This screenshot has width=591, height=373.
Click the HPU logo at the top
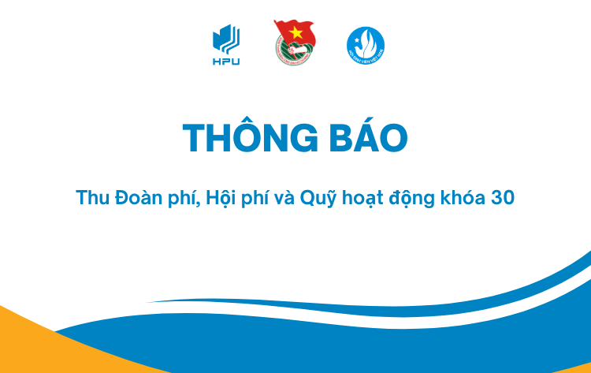coord(226,45)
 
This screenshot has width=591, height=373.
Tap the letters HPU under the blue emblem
coord(226,62)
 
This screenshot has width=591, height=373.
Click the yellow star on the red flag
coord(296,33)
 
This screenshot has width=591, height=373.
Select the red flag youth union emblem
coord(294,43)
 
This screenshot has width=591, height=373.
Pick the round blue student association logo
coord(366,45)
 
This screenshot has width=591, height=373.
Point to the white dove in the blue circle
coord(366,43)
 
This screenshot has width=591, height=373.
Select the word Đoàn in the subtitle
coord(139,198)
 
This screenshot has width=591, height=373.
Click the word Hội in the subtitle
coord(221,199)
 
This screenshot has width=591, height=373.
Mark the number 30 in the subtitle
coord(503,198)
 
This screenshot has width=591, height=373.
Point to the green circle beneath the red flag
coord(294,51)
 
